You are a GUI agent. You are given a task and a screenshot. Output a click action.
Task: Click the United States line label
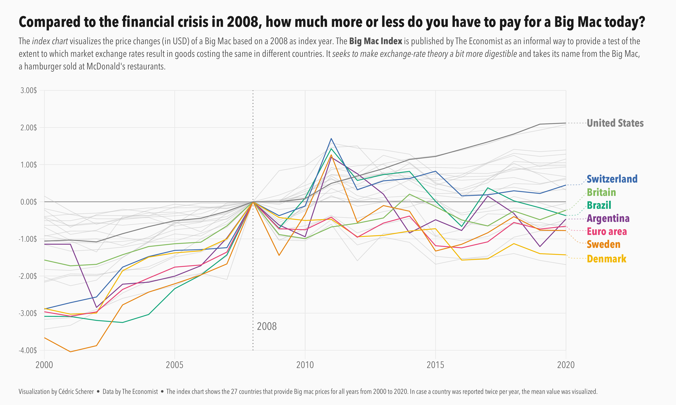coord(615,123)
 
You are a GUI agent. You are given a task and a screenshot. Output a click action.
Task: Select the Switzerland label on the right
coord(612,179)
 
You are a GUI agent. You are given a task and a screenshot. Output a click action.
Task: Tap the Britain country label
coord(601,192)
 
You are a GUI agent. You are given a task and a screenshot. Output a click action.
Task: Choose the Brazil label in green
coord(599,205)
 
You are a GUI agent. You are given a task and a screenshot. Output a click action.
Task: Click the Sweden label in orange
coord(604,244)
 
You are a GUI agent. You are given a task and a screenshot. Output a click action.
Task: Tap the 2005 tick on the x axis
coord(175,365)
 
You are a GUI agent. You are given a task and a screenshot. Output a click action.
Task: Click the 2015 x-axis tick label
coord(435,365)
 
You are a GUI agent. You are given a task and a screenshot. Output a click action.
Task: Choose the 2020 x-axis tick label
coord(566,365)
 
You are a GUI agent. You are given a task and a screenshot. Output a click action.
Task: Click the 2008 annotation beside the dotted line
coord(267,326)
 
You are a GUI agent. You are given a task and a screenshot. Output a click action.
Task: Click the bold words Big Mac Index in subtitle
coord(376,41)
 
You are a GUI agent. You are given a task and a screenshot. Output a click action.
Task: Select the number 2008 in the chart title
coord(242,22)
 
